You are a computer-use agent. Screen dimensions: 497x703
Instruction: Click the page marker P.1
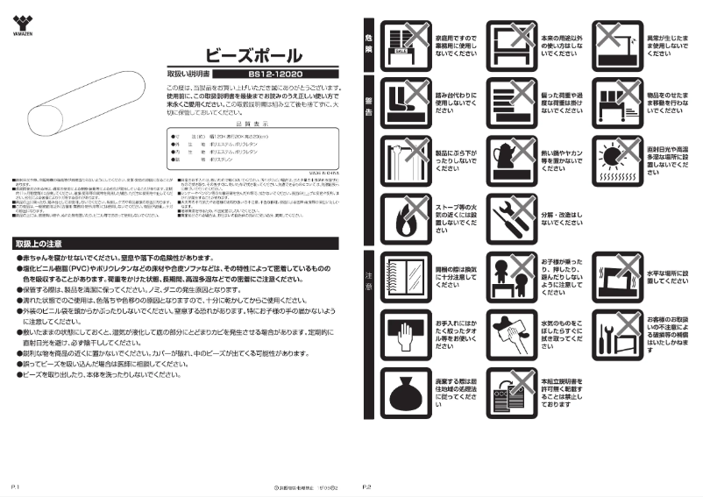17,485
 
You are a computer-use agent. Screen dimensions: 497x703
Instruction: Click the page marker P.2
367,485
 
